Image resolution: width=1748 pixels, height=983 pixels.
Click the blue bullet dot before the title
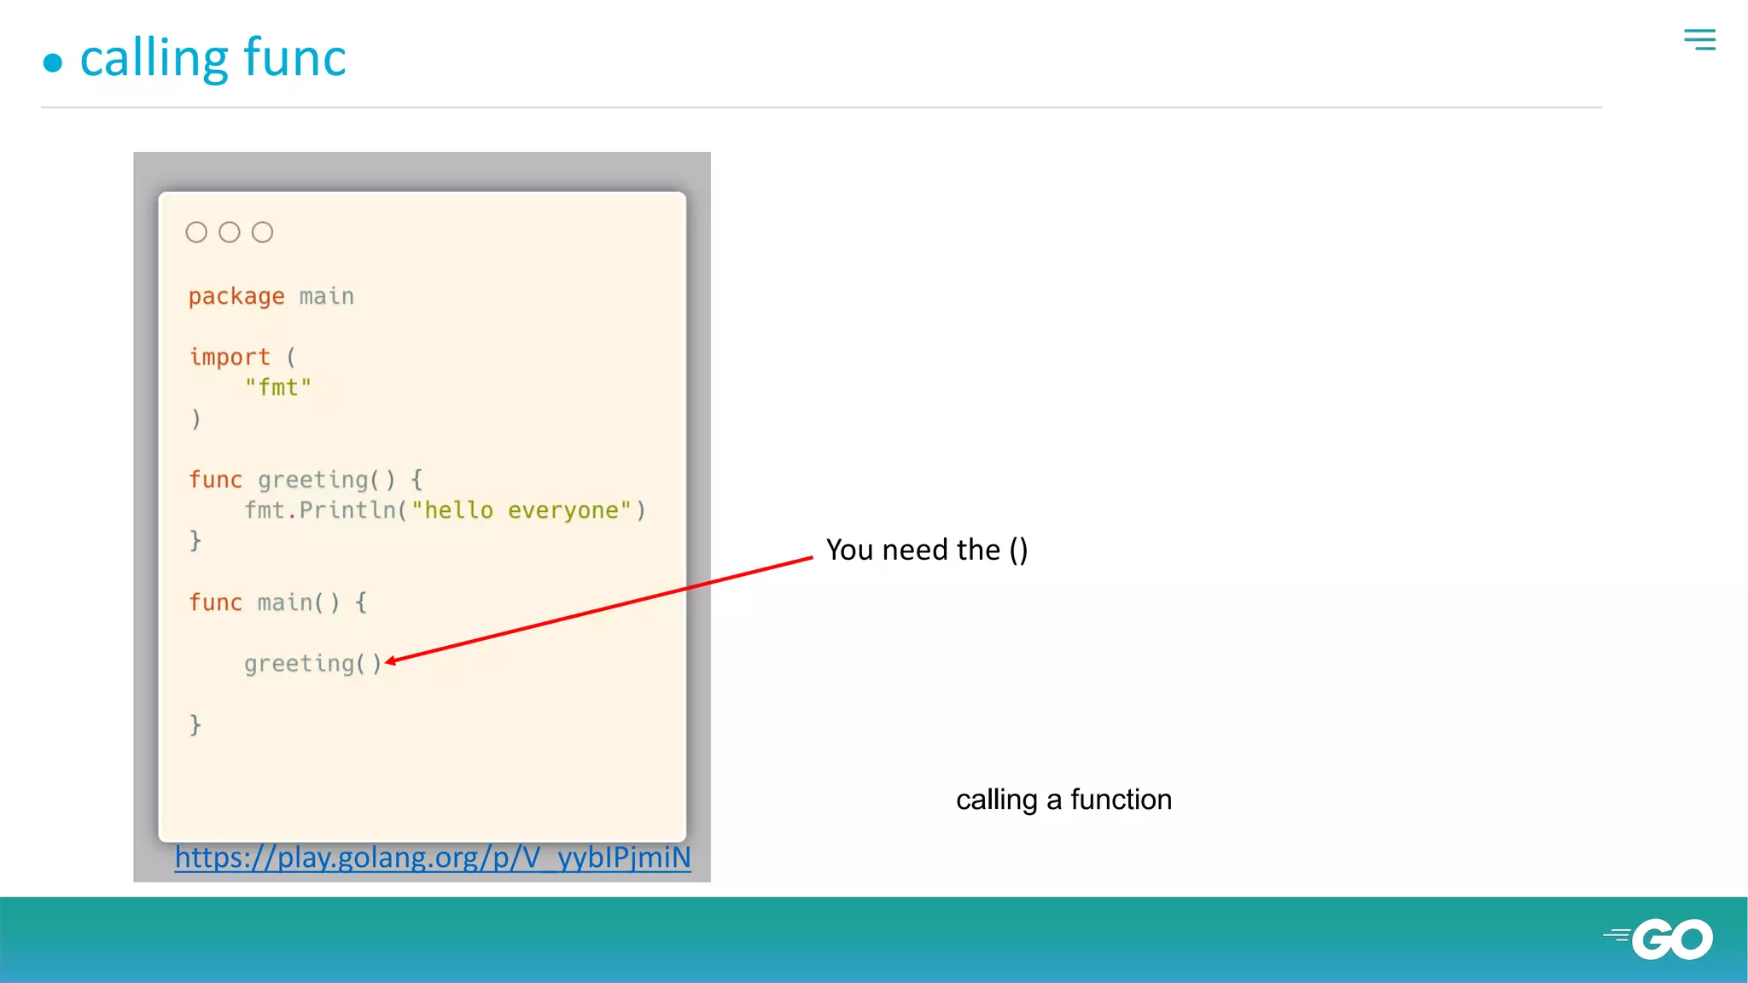point(53,62)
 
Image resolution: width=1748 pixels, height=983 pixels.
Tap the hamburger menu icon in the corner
point(1699,39)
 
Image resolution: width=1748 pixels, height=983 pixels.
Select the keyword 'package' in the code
point(236,296)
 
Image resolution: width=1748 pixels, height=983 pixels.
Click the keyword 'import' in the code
point(230,357)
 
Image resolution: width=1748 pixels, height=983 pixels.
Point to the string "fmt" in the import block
point(278,387)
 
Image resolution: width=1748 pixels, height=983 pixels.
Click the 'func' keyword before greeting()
point(215,480)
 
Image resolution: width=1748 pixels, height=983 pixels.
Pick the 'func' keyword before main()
point(215,602)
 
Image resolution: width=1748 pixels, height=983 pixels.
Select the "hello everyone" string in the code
point(521,510)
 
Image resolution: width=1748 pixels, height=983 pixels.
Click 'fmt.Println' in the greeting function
point(320,510)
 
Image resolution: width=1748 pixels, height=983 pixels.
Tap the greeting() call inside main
point(312,663)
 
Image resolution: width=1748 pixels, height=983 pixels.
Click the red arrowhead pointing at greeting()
point(391,660)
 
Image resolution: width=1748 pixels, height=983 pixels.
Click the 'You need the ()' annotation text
point(927,550)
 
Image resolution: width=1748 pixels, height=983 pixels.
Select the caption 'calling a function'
point(1063,800)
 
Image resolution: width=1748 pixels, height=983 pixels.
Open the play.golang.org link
point(433,857)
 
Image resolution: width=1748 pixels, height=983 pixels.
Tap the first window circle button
point(196,232)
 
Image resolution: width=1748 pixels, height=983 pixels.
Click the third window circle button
point(263,232)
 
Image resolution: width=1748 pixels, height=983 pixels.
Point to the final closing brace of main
point(195,724)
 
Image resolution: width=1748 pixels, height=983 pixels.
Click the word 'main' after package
point(326,296)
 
